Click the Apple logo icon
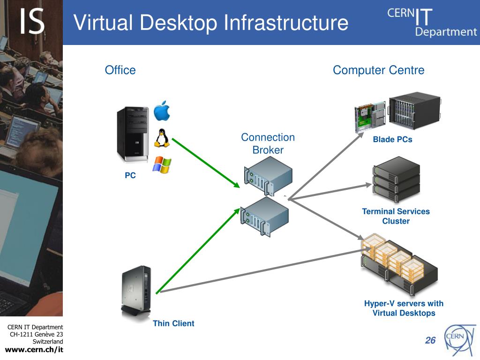pos(162,111)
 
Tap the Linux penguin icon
pos(162,138)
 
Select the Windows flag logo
pos(162,165)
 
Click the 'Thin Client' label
pos(173,323)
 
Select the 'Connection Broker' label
pos(268,143)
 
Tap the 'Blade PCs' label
pos(392,139)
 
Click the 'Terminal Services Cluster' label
pos(396,216)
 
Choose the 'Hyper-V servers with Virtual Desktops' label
pos(404,308)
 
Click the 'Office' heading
pos(120,70)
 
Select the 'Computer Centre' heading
pos(378,70)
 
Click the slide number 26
pos(430,341)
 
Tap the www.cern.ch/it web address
pos(34,350)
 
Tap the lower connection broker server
pos(264,216)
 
